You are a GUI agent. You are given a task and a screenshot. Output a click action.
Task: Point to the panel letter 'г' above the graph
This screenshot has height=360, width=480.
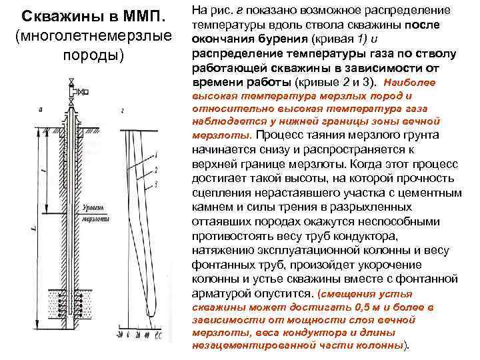123,111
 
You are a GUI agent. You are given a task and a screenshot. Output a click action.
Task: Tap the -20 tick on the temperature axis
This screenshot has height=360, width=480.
118,334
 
